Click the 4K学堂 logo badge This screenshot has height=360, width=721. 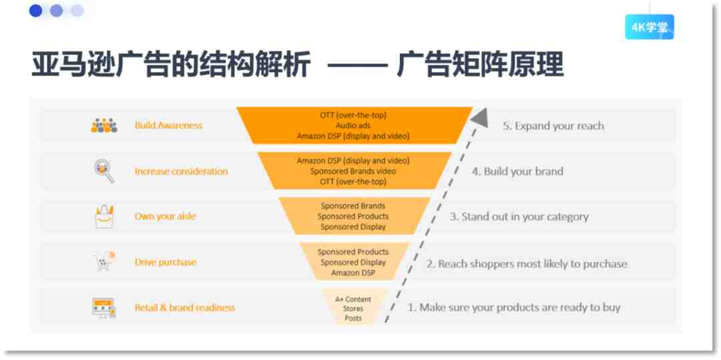pos(650,27)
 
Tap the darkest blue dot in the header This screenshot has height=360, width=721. pos(35,11)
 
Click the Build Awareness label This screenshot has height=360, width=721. pos(168,126)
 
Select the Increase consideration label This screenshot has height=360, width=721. pos(181,172)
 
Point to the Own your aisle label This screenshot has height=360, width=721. pos(165,216)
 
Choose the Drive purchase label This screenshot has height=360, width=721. pos(166,262)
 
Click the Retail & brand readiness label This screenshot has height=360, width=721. pos(185,308)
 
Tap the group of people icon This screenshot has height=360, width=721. pos(104,126)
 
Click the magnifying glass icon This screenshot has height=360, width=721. pos(103,171)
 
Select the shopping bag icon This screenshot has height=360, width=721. pos(104,216)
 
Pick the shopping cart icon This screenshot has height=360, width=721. pos(105,262)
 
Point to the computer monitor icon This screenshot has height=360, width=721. pos(103,308)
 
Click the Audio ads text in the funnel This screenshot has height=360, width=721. pos(353,126)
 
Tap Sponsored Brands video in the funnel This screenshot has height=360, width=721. pos(353,171)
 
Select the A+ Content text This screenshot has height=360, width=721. pos(353,299)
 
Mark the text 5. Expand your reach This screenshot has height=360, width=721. pos(553,126)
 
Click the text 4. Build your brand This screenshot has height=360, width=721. pos(517,172)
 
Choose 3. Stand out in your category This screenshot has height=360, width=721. pos(519,216)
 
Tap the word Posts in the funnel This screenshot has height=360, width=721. pos(353,318)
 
